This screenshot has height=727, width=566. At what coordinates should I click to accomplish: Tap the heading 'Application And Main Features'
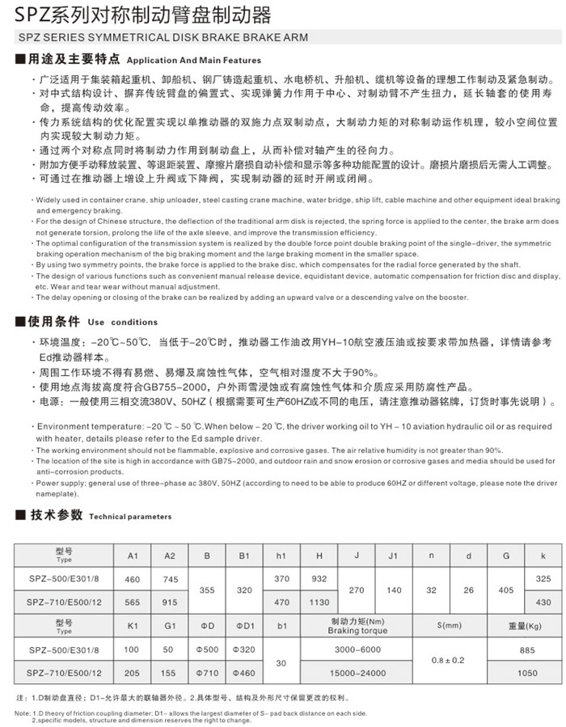coord(194,61)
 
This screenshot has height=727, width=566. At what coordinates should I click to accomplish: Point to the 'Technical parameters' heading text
coord(130,515)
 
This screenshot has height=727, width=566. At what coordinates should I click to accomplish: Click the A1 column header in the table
coord(133,556)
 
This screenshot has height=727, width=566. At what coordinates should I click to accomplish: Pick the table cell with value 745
coord(170,579)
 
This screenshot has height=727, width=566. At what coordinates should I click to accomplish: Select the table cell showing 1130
coord(320,602)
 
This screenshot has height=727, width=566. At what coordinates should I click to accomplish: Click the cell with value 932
coord(320,579)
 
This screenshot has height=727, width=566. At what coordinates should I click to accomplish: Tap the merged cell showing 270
coord(357,590)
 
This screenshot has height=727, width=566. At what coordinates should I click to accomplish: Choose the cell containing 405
coord(506,590)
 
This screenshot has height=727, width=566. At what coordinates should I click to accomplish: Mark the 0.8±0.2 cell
coord(449,661)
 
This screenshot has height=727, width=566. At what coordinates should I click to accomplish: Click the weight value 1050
coord(526,672)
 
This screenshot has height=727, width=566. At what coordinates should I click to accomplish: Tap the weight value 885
coord(526,649)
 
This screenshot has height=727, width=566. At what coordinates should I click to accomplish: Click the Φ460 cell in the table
coord(244,672)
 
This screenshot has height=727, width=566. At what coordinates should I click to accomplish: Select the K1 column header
coord(133,626)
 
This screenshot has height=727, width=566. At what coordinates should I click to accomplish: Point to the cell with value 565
coord(133,602)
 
